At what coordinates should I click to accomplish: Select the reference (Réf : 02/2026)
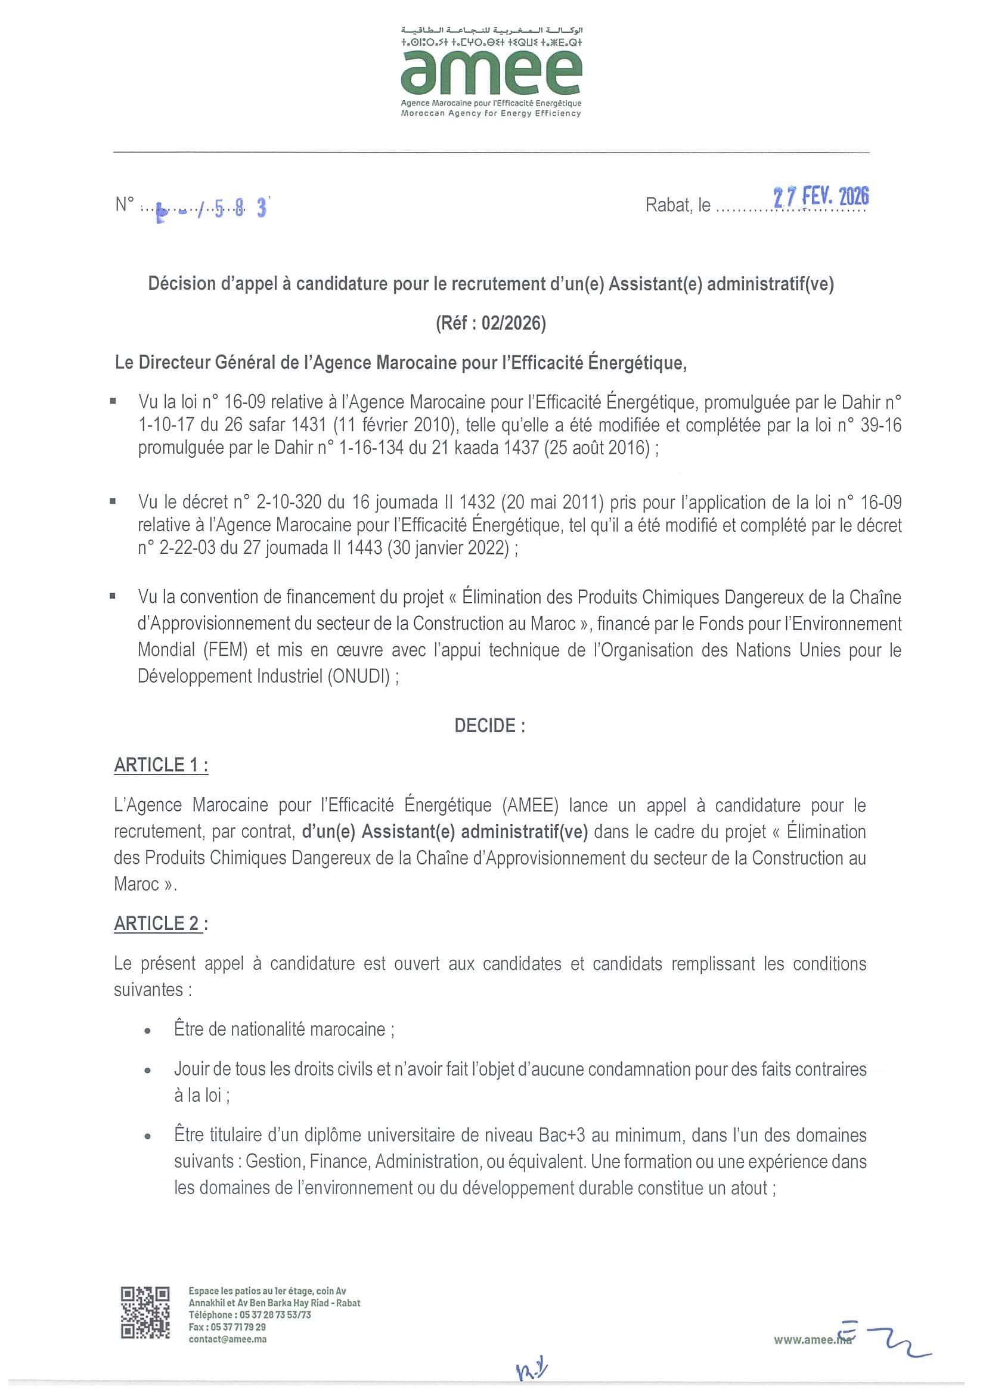coord(490,323)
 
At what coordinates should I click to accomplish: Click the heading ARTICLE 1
coord(161,765)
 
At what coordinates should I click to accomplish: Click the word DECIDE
coord(489,726)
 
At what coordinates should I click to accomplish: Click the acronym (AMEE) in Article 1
coord(531,805)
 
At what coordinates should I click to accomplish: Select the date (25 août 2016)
coord(598,448)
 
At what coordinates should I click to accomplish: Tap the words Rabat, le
coord(677,205)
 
